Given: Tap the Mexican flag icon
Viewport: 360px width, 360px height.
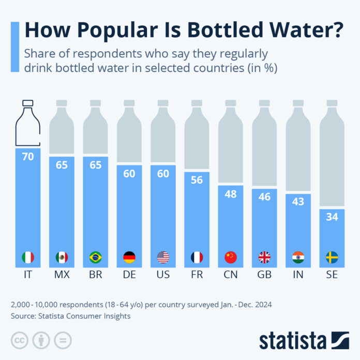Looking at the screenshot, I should tap(62, 257).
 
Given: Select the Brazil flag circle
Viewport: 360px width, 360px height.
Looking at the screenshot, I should tap(95, 257).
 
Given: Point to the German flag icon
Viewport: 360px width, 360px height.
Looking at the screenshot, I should tap(129, 257).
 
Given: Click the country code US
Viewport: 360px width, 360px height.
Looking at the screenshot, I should tap(163, 275).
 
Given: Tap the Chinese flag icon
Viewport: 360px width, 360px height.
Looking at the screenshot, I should tap(231, 257).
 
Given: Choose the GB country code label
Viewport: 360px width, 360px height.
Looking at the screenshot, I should tap(264, 275).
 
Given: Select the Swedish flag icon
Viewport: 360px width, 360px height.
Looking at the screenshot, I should tap(332, 257).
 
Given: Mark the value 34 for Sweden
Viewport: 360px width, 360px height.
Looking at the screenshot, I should tap(332, 217).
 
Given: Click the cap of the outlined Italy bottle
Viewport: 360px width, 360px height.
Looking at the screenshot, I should tap(27, 103).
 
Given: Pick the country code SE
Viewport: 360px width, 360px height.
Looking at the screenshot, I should tap(332, 275).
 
